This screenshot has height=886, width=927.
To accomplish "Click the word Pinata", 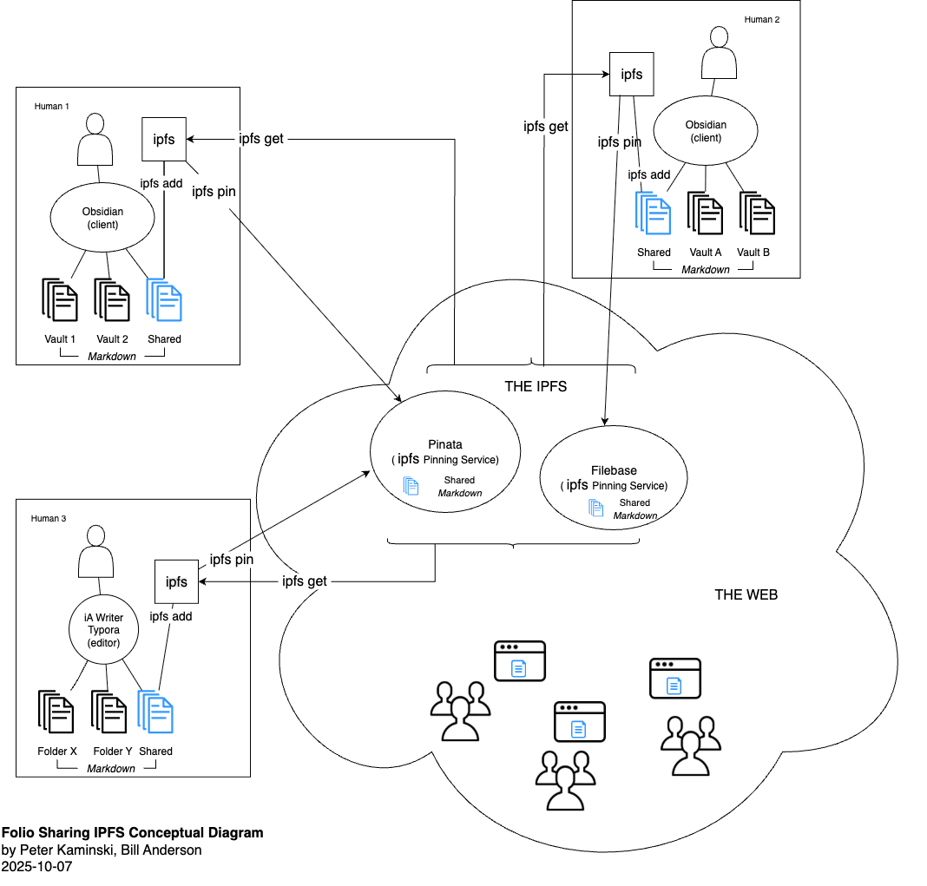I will click(x=445, y=444).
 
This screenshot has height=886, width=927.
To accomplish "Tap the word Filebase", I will click(x=614, y=470).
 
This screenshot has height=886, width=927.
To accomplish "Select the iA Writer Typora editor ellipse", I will click(x=103, y=629).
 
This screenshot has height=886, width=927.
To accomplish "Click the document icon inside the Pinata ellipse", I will click(x=411, y=487).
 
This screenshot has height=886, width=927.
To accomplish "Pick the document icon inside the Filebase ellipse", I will click(x=596, y=509).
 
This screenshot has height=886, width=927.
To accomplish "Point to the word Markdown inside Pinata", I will click(x=459, y=493).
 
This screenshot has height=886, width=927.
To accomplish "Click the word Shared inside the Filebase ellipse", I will click(x=634, y=502).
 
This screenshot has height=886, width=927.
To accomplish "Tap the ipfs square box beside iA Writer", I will click(x=177, y=581).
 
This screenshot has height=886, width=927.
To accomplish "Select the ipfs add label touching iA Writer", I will click(x=170, y=616).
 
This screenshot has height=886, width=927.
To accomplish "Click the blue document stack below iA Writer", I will click(x=155, y=712).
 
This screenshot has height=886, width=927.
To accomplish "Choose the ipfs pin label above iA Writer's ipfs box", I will click(x=232, y=560).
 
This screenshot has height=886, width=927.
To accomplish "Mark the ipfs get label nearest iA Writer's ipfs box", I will click(x=305, y=581).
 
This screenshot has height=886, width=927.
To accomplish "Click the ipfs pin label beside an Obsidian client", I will click(x=619, y=142).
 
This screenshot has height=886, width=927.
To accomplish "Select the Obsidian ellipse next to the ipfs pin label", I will click(x=706, y=130).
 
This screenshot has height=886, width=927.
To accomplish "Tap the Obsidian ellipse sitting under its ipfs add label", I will click(x=102, y=217).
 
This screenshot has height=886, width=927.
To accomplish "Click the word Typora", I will click(x=103, y=630).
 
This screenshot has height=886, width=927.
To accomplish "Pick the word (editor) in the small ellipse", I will click(x=103, y=642).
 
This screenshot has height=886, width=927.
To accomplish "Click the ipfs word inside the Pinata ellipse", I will click(x=408, y=459).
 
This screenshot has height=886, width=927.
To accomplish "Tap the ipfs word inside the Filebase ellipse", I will click(x=577, y=485).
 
